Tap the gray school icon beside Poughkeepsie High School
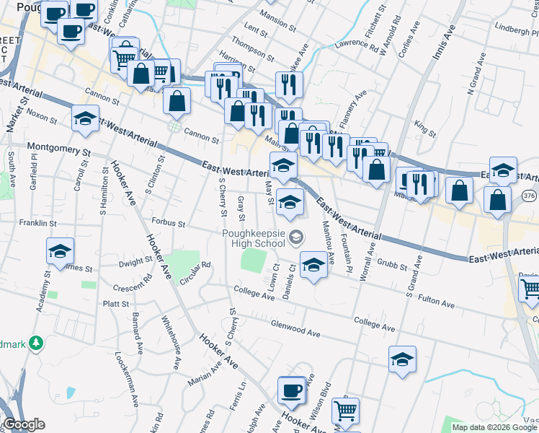tap(295, 237)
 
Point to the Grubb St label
tap(391, 266)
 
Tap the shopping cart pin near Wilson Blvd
tap(345, 411)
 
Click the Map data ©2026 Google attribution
tap(494, 427)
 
